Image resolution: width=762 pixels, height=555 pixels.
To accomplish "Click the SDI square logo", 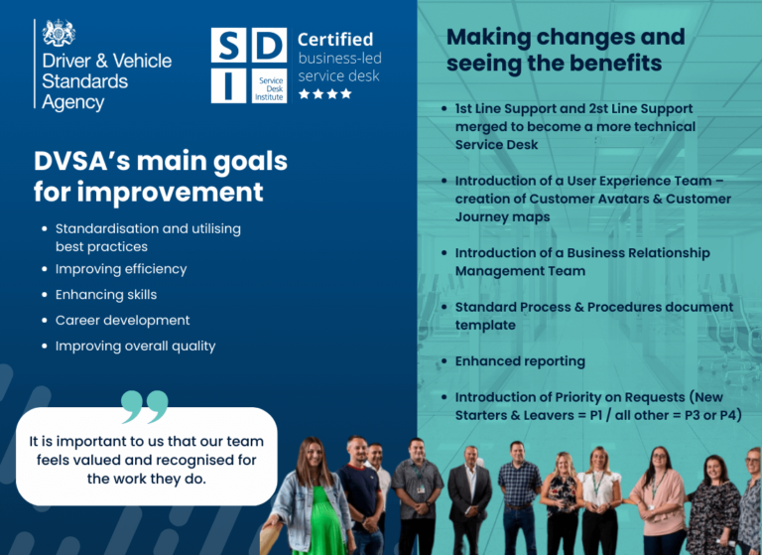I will [x=248, y=65].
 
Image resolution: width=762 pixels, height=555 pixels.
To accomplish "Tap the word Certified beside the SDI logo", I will [x=335, y=40].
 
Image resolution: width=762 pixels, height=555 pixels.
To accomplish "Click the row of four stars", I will [x=324, y=93].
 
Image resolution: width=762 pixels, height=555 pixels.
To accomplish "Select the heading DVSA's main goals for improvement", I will [x=160, y=175].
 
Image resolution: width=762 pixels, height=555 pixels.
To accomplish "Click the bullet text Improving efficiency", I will [x=120, y=269].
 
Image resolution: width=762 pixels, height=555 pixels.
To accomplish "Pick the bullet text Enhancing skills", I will [x=105, y=295].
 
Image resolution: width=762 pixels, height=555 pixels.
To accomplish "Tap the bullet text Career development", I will [x=122, y=321].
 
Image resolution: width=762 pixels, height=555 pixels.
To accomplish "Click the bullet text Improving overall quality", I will [x=135, y=347].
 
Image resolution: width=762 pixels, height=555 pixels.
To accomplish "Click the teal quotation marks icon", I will [x=145, y=406].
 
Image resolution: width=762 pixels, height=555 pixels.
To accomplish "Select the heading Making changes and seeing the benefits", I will [x=565, y=50].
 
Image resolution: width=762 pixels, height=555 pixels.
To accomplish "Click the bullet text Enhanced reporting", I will [x=520, y=361].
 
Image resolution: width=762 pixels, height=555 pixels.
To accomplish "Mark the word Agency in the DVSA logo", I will [x=72, y=102].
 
